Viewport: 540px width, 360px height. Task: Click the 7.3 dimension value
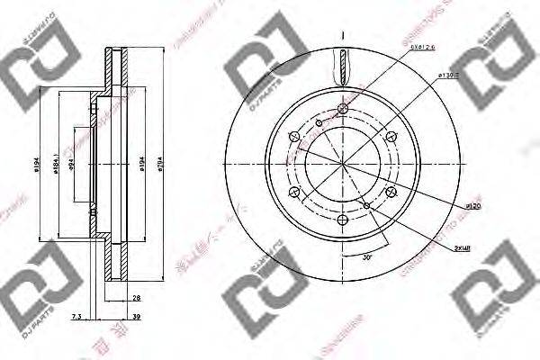tap(76, 317)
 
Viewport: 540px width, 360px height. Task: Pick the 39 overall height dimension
tap(136, 317)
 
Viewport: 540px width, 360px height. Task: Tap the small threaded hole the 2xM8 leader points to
tap(369, 205)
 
